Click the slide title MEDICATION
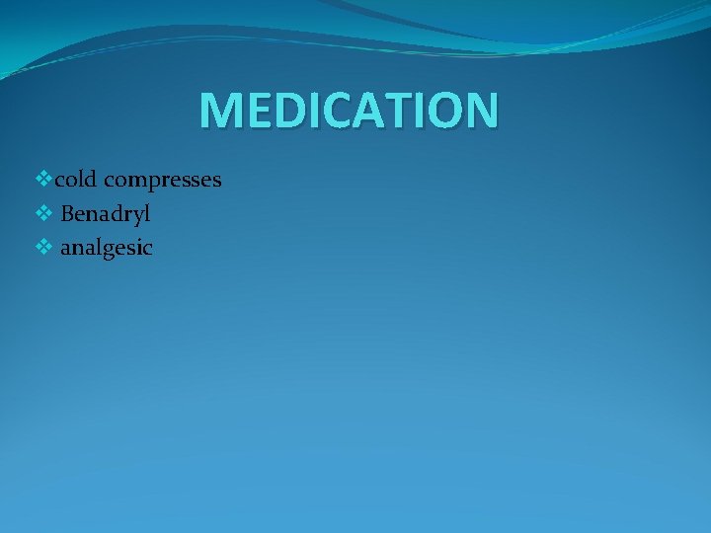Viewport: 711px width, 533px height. tap(349, 111)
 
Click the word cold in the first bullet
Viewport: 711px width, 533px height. tap(76, 180)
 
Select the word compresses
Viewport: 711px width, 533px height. tap(162, 181)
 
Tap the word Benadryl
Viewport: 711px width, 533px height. tap(106, 213)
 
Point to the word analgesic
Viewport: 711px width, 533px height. tap(107, 248)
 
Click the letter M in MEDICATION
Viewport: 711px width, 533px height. tap(219, 111)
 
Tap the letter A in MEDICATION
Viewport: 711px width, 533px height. tap(364, 111)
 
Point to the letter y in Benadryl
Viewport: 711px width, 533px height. tap(136, 216)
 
